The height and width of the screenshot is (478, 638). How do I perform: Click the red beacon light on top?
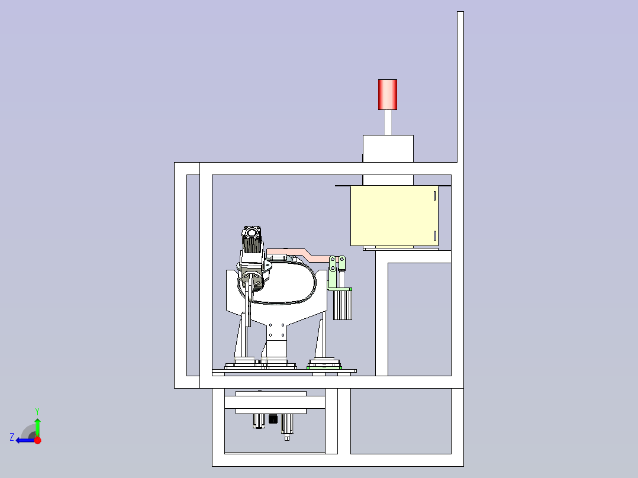pyautogui.click(x=387, y=95)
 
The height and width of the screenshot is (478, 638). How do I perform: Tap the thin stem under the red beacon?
pyautogui.click(x=388, y=122)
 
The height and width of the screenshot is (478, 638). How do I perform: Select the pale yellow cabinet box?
pyautogui.click(x=394, y=215)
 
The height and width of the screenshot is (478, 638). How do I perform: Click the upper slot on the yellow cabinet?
pyautogui.click(x=434, y=196)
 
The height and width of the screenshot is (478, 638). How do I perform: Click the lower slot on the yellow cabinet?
pyautogui.click(x=434, y=235)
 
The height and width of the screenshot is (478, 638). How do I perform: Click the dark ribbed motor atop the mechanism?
pyautogui.click(x=252, y=240)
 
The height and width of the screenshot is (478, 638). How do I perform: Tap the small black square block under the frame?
pyautogui.click(x=273, y=419)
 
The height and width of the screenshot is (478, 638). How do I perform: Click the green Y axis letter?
pyautogui.click(x=37, y=412)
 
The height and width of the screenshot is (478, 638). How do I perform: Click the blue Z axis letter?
pyautogui.click(x=12, y=437)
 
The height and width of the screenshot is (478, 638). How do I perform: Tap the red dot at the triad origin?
pyautogui.click(x=37, y=440)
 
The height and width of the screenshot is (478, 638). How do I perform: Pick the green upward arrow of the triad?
pyautogui.click(x=37, y=427)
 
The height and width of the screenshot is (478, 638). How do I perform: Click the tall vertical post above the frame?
pyautogui.click(x=460, y=87)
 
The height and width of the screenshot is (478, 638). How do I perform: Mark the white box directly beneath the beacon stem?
pyautogui.click(x=388, y=148)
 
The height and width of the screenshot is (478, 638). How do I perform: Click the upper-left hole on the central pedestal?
pyautogui.click(x=270, y=325)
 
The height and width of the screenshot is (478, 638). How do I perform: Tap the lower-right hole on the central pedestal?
pyautogui.click(x=283, y=335)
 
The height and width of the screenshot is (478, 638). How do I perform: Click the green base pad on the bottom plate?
pyautogui.click(x=324, y=368)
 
